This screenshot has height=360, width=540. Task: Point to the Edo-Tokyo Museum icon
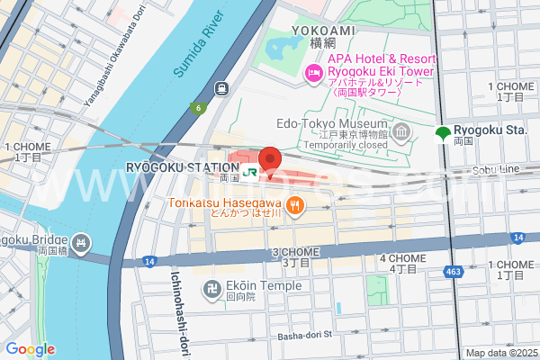point(401,134)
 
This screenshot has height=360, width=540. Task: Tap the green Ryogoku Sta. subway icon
point(442,135)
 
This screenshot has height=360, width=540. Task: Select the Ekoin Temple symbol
point(206,288)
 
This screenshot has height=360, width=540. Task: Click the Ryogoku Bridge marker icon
point(82,242)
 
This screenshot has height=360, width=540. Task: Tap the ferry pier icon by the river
point(220,88)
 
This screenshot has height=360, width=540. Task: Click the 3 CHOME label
point(296,257)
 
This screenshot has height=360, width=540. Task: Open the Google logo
point(30,349)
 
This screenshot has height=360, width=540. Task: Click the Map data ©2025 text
point(500,353)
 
